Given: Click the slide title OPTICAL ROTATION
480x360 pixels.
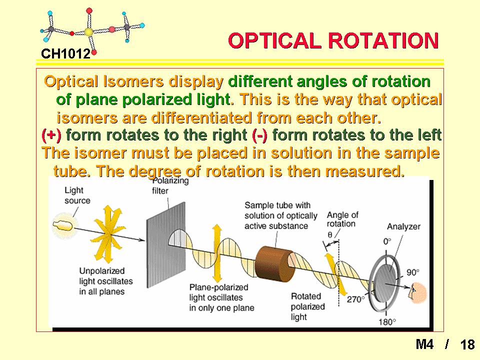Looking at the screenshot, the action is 333,40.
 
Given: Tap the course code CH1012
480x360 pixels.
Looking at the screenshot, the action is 66,54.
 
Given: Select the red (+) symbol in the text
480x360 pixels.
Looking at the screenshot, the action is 51,135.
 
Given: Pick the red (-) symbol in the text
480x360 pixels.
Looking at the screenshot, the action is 260,135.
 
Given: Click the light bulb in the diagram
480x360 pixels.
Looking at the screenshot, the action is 63,226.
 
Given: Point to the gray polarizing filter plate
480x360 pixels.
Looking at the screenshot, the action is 166,245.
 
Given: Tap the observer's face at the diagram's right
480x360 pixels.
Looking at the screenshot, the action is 417,293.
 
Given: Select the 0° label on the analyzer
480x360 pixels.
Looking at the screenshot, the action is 387,241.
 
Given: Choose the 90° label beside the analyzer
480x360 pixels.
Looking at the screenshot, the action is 412,272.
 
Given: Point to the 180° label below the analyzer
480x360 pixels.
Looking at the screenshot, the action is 387,322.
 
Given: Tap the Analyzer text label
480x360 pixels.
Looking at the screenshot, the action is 403,226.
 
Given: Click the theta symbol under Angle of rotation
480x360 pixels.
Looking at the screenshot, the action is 330,235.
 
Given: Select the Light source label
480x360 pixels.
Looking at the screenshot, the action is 77,195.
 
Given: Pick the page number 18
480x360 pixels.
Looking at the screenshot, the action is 467,344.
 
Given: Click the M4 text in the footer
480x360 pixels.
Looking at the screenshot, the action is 424,344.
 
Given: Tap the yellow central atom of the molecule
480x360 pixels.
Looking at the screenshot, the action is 88,32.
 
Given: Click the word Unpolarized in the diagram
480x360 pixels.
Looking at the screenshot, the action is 102,271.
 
